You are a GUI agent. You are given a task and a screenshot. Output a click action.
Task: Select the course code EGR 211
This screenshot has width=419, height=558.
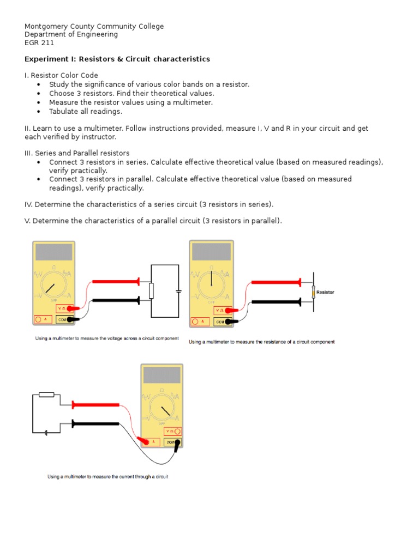pyautogui.click(x=39, y=43)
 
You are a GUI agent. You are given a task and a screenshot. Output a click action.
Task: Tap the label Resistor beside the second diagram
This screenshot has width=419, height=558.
pyautogui.click(x=325, y=293)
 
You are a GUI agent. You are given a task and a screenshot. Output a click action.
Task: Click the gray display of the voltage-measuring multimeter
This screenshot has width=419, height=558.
pyautogui.click(x=53, y=252)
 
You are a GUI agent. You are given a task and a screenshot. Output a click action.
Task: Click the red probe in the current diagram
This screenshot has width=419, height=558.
pyautogui.click(x=95, y=405)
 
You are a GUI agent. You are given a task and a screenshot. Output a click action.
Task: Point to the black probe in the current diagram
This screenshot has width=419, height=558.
pyautogui.click(x=95, y=423)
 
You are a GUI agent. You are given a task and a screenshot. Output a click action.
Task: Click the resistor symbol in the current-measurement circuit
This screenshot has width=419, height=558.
pyautogui.click(x=47, y=395)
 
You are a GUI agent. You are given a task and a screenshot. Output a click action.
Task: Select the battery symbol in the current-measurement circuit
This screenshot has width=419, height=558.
pyautogui.click(x=47, y=434)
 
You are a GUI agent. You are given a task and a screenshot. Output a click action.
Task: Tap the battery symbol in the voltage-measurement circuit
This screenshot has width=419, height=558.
pyautogui.click(x=178, y=291)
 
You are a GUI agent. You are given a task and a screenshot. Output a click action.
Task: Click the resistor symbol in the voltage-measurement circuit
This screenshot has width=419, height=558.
pyautogui.click(x=152, y=291)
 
